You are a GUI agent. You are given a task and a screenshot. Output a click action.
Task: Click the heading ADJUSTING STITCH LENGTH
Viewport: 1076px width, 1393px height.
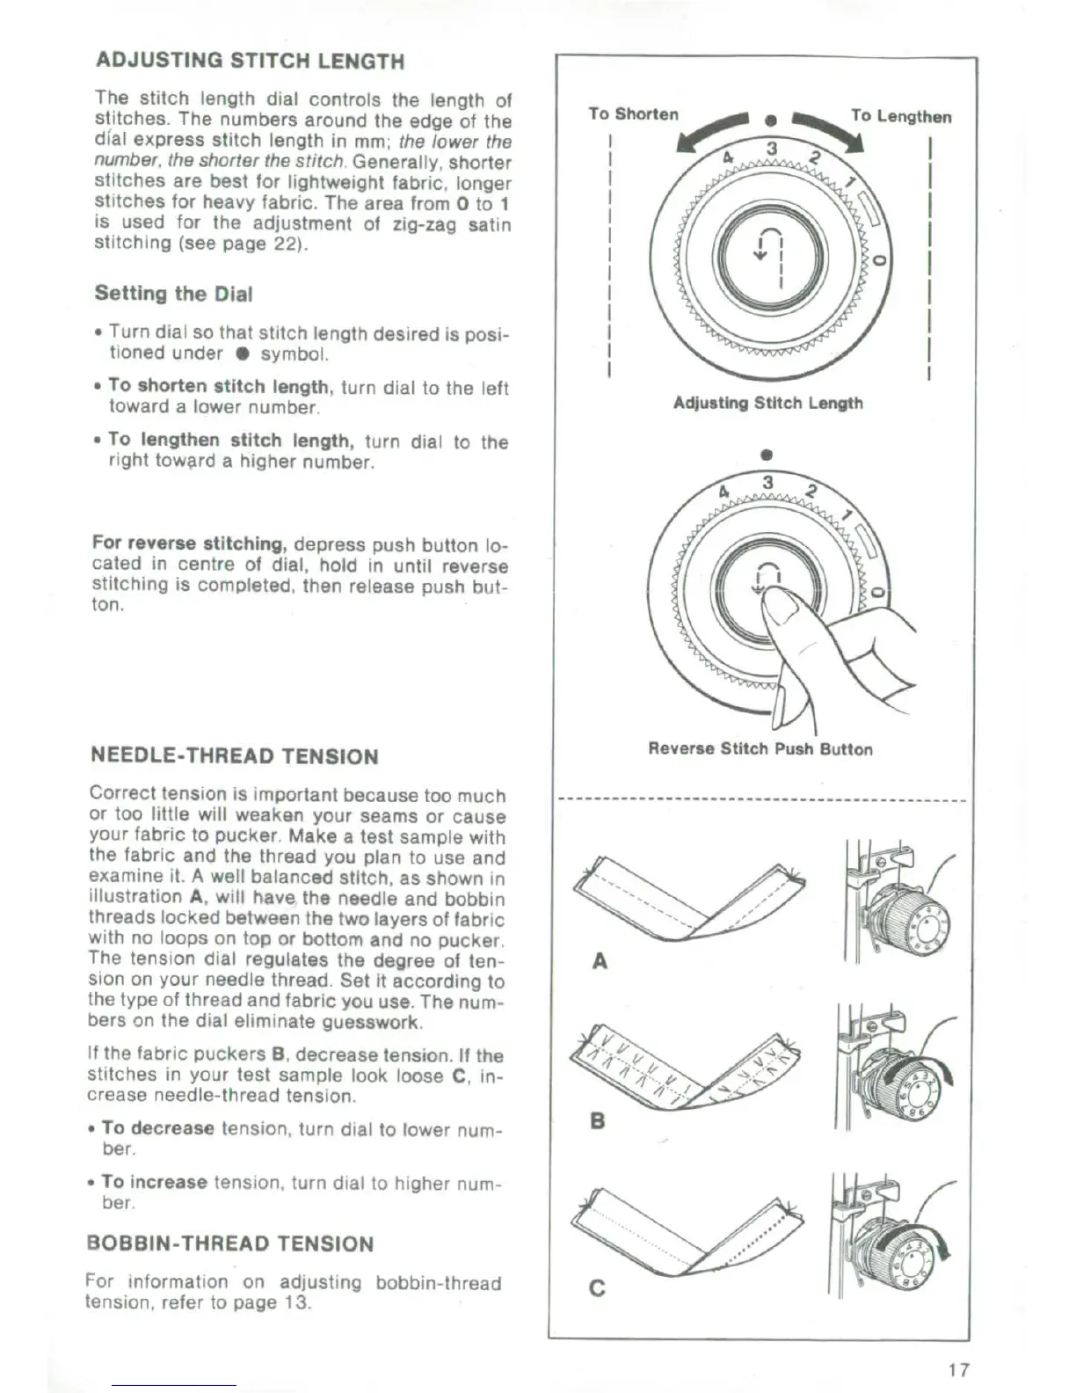click(x=250, y=62)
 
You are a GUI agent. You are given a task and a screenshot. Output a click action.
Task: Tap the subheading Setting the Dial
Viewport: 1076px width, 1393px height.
click(x=173, y=294)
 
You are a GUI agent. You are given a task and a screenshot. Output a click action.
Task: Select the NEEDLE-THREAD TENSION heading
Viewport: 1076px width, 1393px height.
click(x=235, y=756)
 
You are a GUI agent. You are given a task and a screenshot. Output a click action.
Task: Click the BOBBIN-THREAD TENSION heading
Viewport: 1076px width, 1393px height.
click(x=229, y=1243)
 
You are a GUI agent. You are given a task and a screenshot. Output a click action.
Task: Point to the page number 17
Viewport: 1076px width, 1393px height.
click(x=958, y=1369)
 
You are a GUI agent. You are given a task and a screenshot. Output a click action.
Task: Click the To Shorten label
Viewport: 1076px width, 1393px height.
click(x=633, y=114)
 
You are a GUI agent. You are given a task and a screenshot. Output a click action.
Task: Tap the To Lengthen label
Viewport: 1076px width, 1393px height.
click(x=900, y=116)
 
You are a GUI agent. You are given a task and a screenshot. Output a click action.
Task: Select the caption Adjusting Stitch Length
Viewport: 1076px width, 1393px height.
click(x=767, y=403)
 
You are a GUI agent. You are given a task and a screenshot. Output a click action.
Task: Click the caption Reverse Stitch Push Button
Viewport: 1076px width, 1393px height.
click(x=760, y=749)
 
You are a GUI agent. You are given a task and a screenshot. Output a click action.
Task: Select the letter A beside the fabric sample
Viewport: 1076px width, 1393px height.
click(x=600, y=961)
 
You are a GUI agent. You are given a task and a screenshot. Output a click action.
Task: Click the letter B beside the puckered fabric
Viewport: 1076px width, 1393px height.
click(x=598, y=1121)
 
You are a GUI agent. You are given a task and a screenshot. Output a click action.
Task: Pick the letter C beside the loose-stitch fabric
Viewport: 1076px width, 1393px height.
click(x=598, y=1288)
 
